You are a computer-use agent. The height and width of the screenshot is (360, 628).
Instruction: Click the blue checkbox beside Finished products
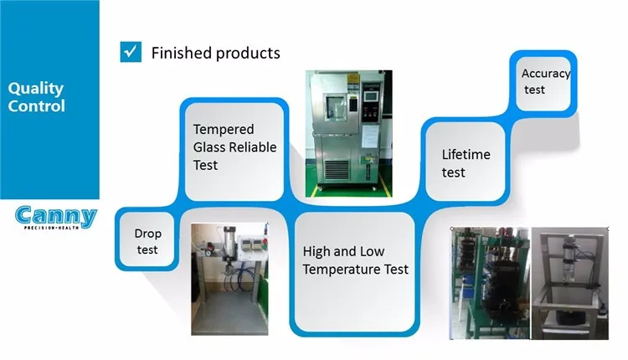tap(131, 52)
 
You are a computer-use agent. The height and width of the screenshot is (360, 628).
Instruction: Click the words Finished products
tap(215, 53)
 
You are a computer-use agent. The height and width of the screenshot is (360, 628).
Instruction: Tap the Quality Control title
tap(36, 97)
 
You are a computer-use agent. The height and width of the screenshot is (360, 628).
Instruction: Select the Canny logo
tap(56, 218)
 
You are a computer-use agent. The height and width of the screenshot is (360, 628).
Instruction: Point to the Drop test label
tap(147, 241)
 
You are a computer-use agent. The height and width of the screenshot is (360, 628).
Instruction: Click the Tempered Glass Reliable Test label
tap(234, 147)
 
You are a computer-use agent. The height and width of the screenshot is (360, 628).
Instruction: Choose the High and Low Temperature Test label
tap(355, 260)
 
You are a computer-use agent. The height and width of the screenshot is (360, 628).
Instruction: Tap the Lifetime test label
tap(466, 163)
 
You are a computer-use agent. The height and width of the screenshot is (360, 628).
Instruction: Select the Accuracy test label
tap(545, 81)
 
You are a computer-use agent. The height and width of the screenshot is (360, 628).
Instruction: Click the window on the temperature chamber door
tap(335, 106)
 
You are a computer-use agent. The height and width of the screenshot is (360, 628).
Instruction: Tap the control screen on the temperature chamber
tap(371, 96)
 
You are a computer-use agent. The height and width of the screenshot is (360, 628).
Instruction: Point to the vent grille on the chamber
tap(337, 170)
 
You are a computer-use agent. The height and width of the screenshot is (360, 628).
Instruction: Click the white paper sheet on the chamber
tap(369, 136)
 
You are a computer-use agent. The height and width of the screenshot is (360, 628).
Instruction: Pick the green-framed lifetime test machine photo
tap(490, 283)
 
